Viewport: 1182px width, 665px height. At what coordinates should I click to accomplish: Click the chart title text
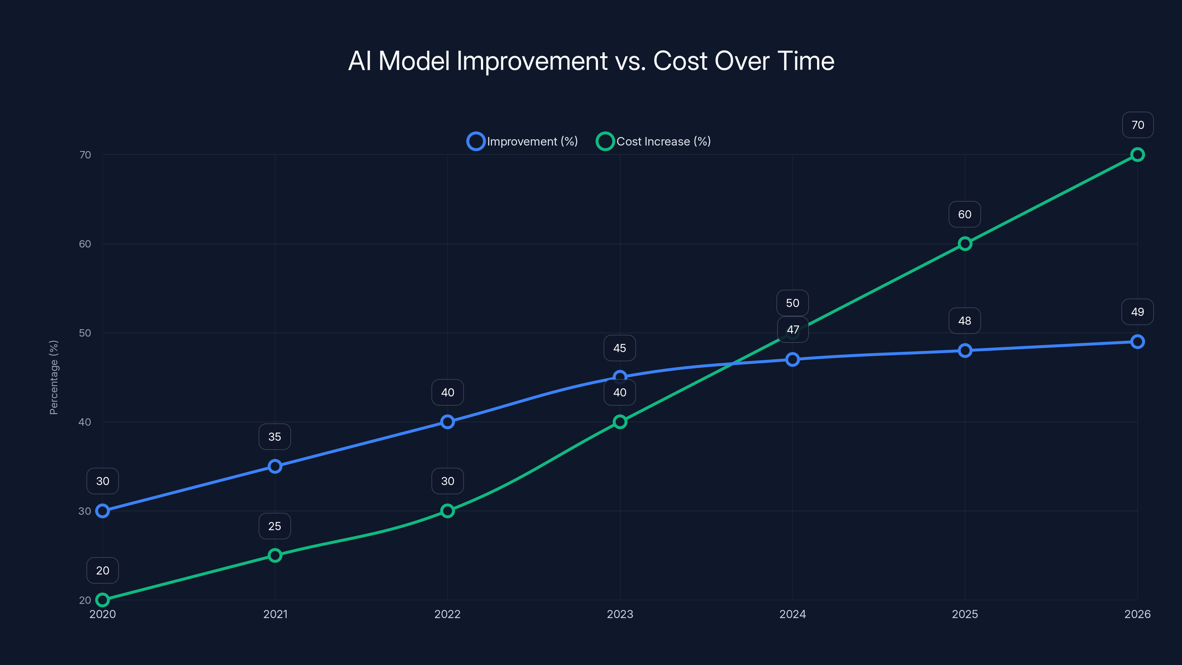click(x=591, y=61)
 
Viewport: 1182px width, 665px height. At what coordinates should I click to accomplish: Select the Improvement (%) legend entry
click(x=523, y=141)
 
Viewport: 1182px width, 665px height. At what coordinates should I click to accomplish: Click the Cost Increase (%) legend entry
click(x=653, y=141)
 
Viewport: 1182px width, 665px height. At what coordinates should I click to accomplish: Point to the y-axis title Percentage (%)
click(x=54, y=377)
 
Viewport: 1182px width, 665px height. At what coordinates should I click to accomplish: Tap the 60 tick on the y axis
click(x=85, y=244)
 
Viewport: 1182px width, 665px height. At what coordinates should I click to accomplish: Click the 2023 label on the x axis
click(x=620, y=614)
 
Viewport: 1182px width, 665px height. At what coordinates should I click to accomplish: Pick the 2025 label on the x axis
click(x=964, y=614)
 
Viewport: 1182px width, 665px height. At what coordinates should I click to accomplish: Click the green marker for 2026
click(x=1137, y=155)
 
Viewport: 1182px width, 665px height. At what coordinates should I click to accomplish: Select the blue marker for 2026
click(x=1137, y=341)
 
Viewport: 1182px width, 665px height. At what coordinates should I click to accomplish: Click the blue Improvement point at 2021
click(x=275, y=466)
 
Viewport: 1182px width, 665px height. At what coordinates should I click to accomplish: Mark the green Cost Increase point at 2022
click(x=447, y=511)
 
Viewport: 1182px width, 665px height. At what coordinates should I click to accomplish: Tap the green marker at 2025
click(x=964, y=244)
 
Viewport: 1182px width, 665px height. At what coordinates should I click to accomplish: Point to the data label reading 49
click(x=1137, y=312)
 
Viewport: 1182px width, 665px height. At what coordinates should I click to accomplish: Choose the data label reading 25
click(x=274, y=526)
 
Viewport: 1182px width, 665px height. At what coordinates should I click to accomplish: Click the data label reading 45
click(x=619, y=348)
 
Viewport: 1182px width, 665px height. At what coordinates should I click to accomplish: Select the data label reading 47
click(x=792, y=330)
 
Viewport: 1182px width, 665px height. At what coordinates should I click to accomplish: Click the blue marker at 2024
click(x=792, y=359)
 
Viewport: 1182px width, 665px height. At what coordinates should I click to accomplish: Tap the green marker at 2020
click(x=102, y=600)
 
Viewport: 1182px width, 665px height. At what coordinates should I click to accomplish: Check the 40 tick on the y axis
click(x=85, y=422)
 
